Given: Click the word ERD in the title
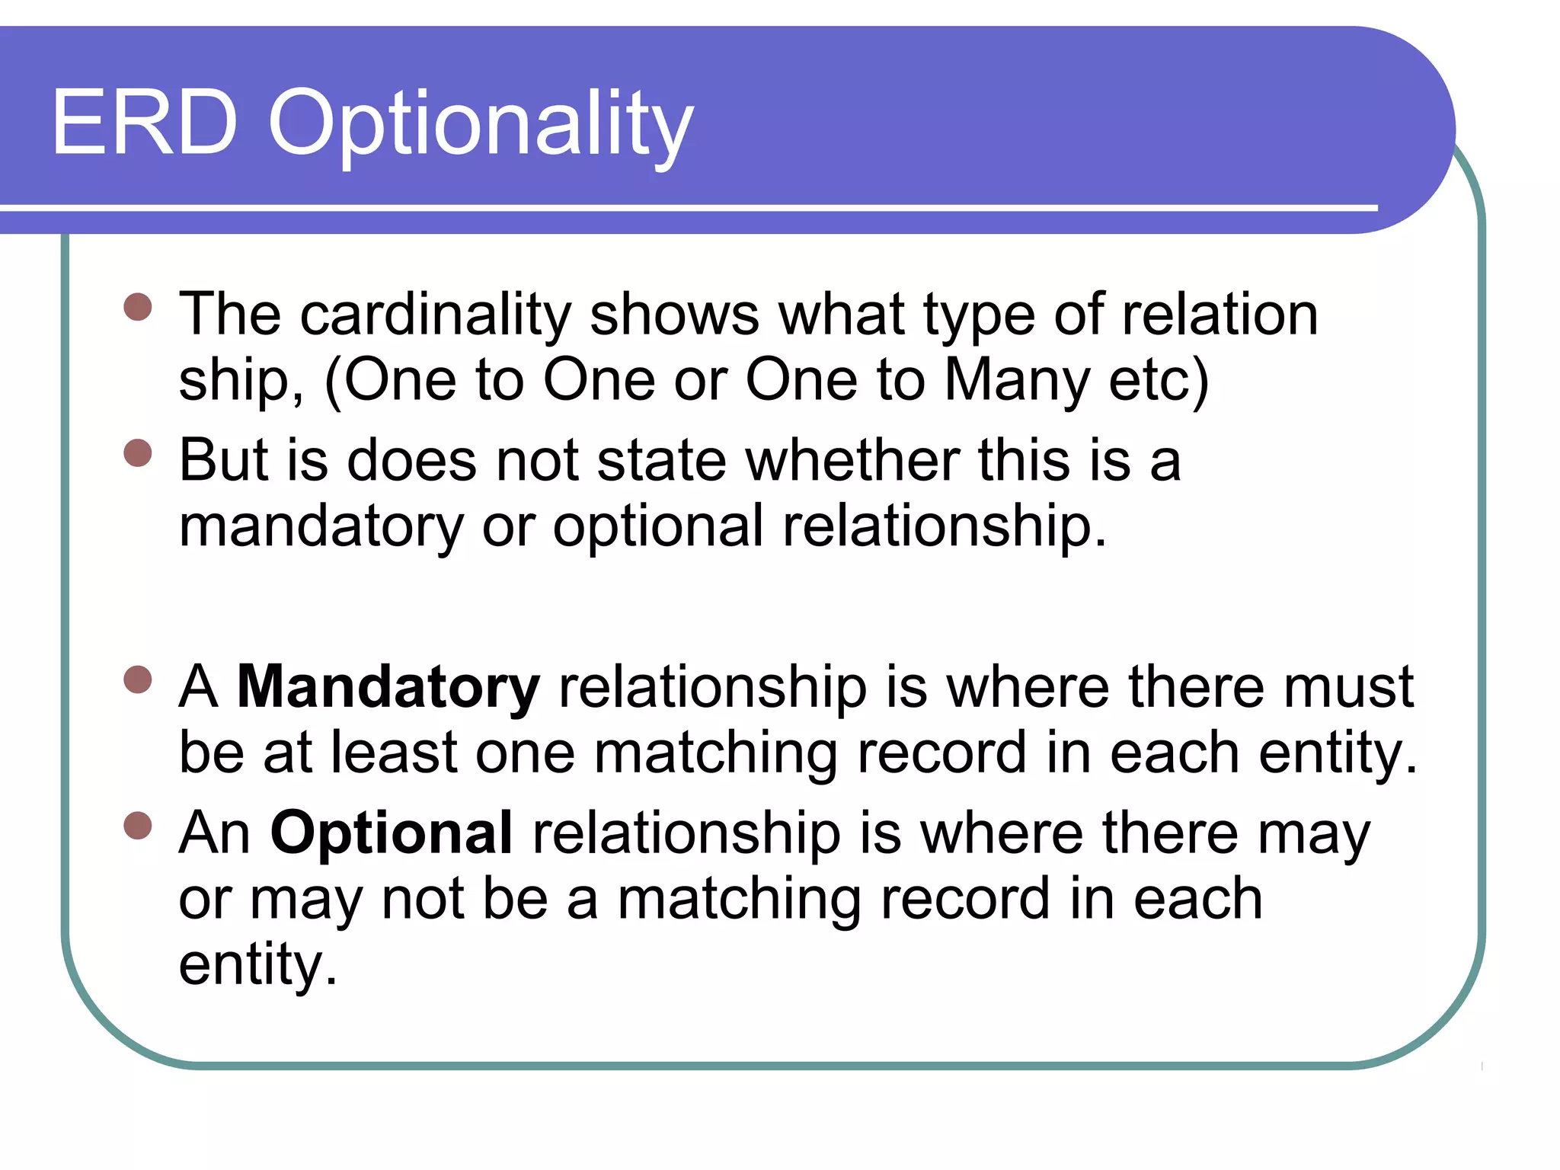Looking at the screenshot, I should pos(145,123).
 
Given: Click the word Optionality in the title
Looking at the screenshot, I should pos(481,126).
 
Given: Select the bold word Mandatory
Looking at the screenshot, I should pos(388,687).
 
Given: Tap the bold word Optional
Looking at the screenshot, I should pos(392,833).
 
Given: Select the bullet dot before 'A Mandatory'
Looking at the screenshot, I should pos(138,679).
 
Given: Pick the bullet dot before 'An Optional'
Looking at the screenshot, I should pos(138,825).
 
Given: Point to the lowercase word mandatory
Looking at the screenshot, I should pos(321,527).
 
